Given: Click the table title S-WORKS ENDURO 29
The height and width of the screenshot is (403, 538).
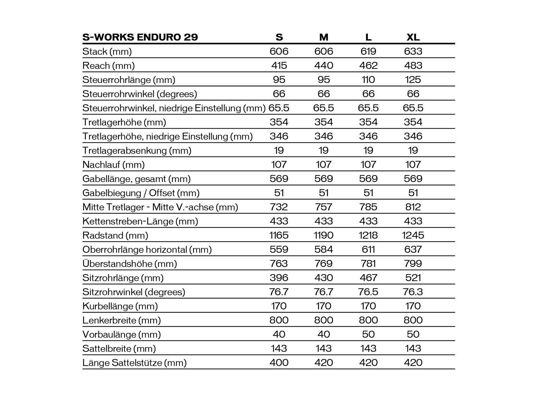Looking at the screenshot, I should pos(140,37).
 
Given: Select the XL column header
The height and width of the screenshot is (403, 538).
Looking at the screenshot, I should pos(413,37).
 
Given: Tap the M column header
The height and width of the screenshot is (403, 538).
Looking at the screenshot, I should pos(323,37).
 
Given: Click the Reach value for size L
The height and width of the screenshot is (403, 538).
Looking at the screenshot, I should pos(368,65).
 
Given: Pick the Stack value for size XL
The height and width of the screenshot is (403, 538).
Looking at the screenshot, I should pos(413,51).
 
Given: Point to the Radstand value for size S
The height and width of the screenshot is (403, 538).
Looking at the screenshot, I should pos(279,235).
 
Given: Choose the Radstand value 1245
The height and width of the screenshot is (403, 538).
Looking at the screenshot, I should pos(413,235).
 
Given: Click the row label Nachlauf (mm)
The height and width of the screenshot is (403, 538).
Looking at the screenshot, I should pos(113,165).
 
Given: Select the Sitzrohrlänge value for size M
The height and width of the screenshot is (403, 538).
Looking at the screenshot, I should pos(323,278).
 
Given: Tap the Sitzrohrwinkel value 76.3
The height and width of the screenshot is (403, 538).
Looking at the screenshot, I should pos(413,292).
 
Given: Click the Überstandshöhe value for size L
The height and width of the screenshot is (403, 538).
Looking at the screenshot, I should pos(368,264).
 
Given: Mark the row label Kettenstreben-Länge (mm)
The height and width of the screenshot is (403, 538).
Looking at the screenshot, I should pos(140,221).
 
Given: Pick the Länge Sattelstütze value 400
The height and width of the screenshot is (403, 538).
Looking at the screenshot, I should pos(279,363).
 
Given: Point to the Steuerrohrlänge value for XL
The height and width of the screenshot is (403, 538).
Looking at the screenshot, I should pos(413,80).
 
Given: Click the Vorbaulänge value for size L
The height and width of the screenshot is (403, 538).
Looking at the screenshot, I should pos(368,334).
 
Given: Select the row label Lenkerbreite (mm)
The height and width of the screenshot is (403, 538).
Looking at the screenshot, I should pos(121,320).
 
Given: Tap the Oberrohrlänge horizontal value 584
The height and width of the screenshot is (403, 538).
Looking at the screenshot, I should pos(323,250).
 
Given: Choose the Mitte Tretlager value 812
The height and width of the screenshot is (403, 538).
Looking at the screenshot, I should pos(413,207).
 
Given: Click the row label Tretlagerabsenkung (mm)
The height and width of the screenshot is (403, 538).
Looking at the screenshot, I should pos(137,150).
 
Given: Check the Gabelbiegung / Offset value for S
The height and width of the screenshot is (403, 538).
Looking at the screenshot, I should pos(279,193).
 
